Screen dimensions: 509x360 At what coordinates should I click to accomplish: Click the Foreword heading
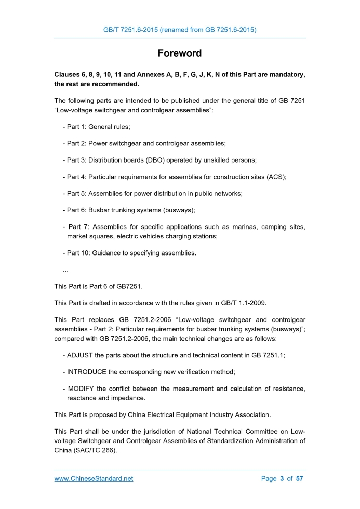[x=180, y=53]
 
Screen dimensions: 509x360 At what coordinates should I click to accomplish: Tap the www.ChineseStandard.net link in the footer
[x=94, y=479]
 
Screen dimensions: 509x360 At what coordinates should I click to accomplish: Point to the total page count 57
[x=299, y=479]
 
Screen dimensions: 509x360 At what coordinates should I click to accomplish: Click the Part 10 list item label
[x=77, y=253]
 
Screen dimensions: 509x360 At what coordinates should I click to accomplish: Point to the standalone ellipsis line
[x=65, y=270]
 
